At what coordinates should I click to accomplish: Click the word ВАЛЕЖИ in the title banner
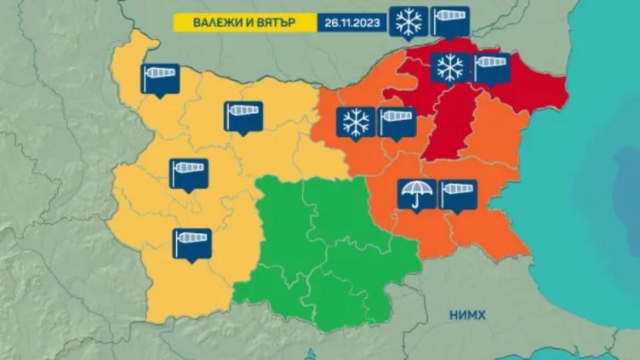pos(207,21)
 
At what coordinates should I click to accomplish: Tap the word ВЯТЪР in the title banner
pos(271,21)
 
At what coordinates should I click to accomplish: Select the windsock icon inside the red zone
pos(490,67)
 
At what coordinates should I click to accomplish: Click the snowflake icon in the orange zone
pos(354,122)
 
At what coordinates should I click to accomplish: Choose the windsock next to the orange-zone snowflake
pos(395,122)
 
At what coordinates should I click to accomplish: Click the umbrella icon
pos(417,194)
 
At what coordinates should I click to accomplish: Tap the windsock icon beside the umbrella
pos(458,194)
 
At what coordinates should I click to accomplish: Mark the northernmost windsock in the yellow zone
pos(161,77)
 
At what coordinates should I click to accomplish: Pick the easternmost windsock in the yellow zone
pos(243,116)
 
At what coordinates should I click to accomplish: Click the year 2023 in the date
pos(368,21)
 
